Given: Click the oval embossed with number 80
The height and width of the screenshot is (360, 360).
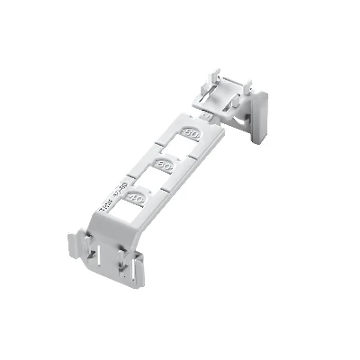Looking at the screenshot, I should coord(191,133).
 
